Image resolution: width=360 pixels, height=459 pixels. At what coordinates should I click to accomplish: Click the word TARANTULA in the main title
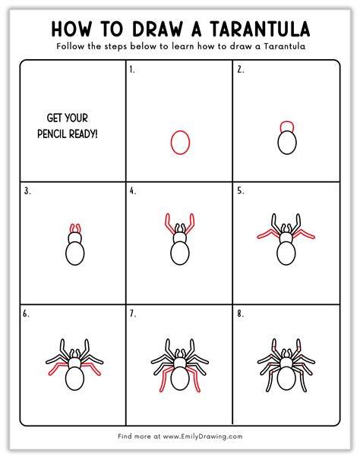point(260,29)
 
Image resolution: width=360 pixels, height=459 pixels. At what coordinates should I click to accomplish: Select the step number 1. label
point(132,70)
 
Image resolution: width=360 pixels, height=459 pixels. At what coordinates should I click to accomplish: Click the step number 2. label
point(241,70)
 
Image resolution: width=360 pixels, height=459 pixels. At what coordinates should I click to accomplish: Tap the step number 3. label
point(27,191)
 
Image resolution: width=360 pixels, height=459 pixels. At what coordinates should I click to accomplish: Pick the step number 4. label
point(133,191)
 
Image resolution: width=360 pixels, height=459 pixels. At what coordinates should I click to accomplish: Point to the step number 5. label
point(241,191)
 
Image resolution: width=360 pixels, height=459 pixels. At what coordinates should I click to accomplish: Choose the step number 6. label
point(27,314)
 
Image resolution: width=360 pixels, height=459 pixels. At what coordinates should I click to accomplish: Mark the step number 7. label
point(133,314)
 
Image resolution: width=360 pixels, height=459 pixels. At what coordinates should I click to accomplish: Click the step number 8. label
point(241,314)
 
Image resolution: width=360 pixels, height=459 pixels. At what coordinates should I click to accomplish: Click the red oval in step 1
point(171,143)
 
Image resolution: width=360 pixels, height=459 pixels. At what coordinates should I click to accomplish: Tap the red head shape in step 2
point(287,121)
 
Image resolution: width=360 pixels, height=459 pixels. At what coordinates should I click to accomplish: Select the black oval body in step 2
point(278,143)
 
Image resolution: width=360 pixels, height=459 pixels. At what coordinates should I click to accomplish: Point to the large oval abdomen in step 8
point(277,378)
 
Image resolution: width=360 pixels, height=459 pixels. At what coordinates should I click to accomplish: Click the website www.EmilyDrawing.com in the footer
point(203,436)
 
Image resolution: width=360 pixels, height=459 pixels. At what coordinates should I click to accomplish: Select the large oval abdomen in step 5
point(277,253)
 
